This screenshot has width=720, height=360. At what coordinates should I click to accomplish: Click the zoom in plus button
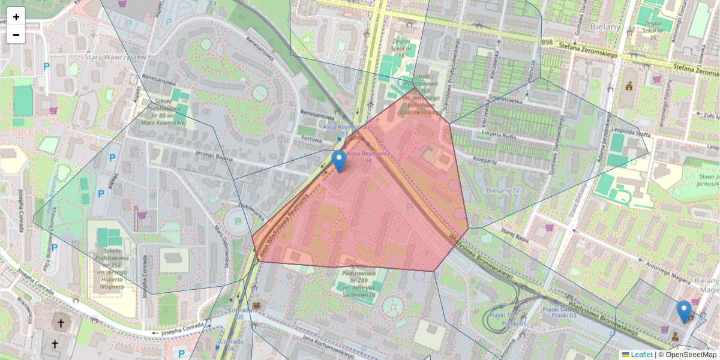[16, 17]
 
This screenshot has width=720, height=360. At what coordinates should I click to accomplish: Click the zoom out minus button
[16, 35]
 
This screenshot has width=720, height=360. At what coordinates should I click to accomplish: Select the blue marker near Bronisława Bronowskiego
[683, 311]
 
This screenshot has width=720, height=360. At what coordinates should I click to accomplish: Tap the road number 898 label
[547, 43]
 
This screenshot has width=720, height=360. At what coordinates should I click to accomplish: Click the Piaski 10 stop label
[502, 315]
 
